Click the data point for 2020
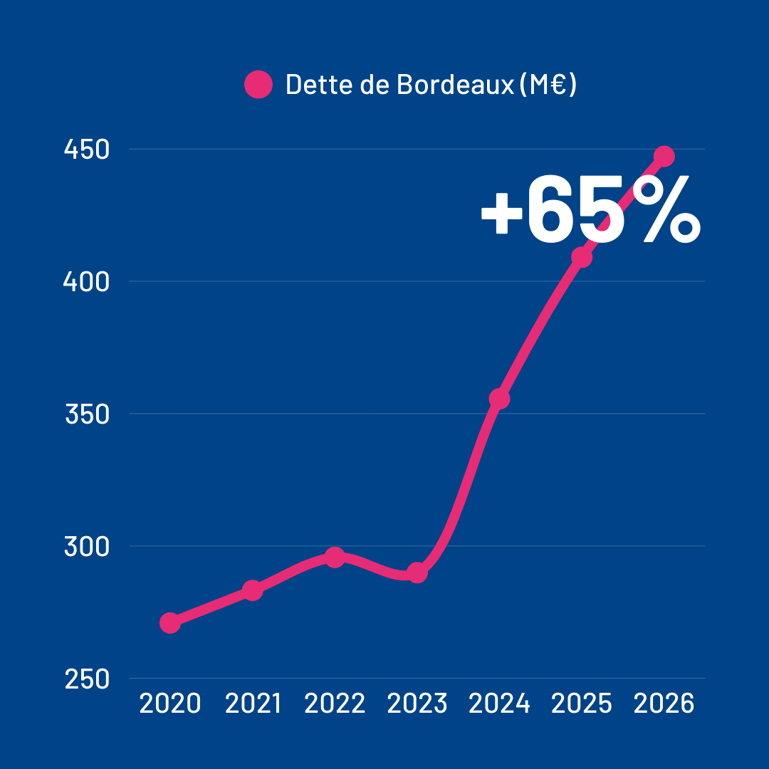coord(169,623)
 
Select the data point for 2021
coord(252,590)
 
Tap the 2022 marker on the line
coord(335,557)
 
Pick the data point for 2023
coord(417,572)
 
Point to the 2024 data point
coord(500,399)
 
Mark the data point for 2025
coord(582,257)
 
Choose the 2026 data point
coord(664,156)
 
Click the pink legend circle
coord(258,85)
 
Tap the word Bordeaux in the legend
coord(454,85)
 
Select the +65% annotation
coord(590,211)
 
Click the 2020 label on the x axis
coord(169,704)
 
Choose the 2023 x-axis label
coord(417,704)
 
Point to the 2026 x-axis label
coord(664,704)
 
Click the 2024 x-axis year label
coord(500,704)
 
